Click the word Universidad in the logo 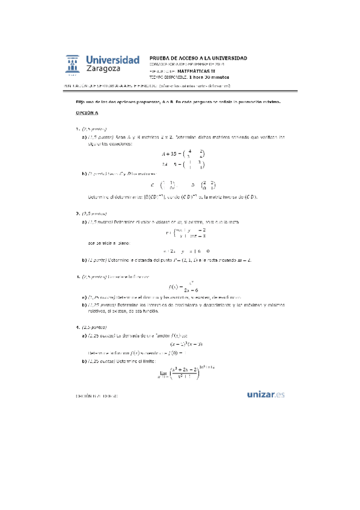pyautogui.click(x=113, y=60)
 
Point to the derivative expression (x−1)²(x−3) pyautogui.click(x=180, y=344)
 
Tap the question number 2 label pyautogui.click(x=78, y=213)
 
